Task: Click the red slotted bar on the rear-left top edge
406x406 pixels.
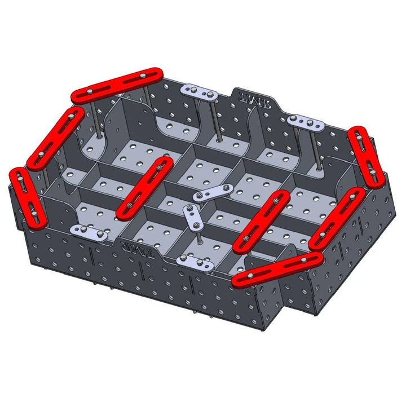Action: coord(117,85)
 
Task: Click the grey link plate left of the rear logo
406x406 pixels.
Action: coord(199,91)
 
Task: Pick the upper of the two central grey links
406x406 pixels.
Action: coord(213,192)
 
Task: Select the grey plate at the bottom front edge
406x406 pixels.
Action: coord(195,262)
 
